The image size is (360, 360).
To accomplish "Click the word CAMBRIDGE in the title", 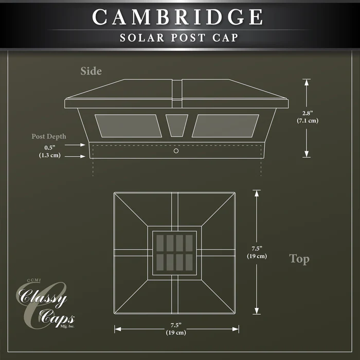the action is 177,17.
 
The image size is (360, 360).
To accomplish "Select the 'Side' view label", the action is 91,71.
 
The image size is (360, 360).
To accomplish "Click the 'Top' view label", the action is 299,259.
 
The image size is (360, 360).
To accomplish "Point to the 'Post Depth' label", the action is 49,136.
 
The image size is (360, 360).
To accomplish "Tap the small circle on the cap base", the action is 176,151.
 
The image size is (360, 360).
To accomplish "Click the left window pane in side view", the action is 129,126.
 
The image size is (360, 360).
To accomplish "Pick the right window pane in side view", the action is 225,126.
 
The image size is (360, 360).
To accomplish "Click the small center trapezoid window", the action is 177,125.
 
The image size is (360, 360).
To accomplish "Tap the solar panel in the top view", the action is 174,253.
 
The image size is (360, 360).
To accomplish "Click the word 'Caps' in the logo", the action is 57,318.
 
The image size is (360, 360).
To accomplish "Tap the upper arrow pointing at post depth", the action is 75,145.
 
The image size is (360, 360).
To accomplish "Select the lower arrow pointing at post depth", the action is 75,156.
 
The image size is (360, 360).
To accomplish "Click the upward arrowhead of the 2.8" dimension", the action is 307,82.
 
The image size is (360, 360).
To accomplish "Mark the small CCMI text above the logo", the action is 34,280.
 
